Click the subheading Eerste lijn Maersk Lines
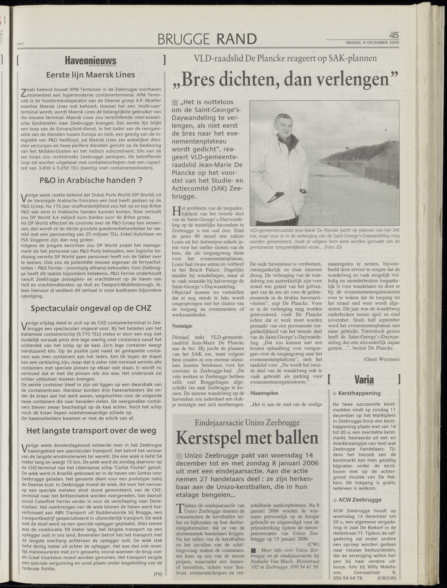coord(90,75)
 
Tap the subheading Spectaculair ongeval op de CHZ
coord(91,308)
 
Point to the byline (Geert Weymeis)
coord(382,359)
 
